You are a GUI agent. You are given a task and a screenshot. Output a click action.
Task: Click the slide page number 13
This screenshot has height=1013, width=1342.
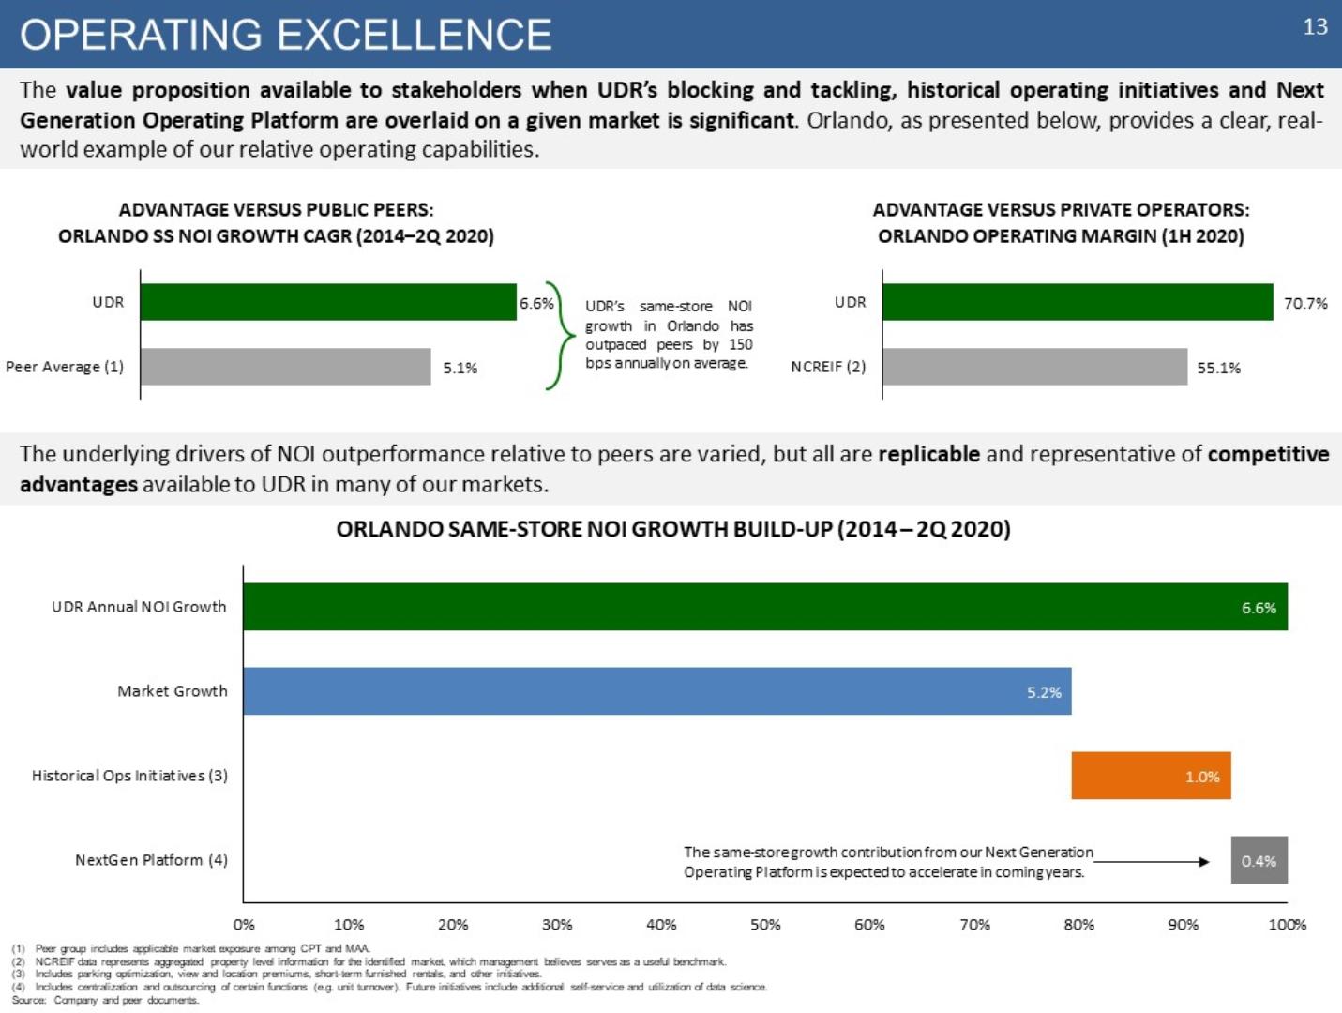(x=1315, y=26)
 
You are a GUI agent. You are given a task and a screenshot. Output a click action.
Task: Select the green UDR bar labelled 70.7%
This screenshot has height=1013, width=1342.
(x=1077, y=302)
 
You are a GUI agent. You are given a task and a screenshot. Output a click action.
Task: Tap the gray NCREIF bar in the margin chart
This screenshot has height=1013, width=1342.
(x=1034, y=367)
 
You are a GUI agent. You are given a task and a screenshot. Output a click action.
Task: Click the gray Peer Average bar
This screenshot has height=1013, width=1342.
(x=285, y=367)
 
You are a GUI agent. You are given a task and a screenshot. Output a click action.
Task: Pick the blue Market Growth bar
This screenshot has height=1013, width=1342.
(x=656, y=691)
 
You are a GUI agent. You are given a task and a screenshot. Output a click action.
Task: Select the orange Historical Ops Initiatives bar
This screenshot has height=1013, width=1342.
(x=1151, y=776)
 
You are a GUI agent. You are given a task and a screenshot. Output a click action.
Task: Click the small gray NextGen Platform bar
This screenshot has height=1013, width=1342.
(x=1259, y=860)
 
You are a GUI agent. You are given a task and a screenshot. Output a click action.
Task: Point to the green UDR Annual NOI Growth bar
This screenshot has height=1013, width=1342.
(x=764, y=607)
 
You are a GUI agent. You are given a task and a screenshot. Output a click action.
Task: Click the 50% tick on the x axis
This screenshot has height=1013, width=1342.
(x=765, y=925)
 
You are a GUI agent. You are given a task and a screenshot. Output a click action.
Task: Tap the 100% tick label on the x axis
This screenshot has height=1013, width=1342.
(x=1287, y=925)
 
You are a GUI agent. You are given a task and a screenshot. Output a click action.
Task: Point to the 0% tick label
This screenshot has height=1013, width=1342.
(x=244, y=925)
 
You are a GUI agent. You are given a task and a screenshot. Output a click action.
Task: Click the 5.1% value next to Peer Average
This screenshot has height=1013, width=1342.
(x=460, y=368)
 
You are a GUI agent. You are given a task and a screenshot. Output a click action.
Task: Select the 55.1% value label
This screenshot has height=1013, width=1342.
(x=1218, y=368)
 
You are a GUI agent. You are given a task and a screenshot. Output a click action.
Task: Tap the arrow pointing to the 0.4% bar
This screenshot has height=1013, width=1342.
(x=1154, y=861)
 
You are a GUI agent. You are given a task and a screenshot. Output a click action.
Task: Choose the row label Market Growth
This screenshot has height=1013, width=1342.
(x=173, y=691)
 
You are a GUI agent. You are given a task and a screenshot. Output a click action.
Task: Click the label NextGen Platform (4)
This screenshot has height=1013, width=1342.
(x=151, y=860)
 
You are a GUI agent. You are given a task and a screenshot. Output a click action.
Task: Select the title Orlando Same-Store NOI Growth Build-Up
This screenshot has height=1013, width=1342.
(x=672, y=529)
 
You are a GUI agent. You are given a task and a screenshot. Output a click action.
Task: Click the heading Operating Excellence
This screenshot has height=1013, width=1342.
(x=286, y=35)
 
